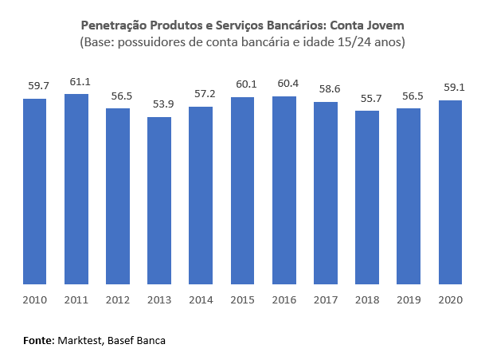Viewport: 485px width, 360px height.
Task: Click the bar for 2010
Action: [35, 191]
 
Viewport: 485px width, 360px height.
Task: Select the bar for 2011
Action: [76, 189]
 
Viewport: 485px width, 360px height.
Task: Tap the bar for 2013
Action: [159, 200]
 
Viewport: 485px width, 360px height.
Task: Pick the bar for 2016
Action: [284, 190]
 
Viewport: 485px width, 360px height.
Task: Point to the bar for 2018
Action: [367, 197]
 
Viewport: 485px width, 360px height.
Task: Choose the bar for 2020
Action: [450, 192]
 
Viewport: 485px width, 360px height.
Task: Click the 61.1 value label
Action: [76, 82]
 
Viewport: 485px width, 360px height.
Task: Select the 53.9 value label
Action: [159, 104]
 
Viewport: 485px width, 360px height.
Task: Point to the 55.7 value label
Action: [367, 99]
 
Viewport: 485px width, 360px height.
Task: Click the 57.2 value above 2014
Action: [201, 94]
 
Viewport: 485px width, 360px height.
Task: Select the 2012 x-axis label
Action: [118, 300]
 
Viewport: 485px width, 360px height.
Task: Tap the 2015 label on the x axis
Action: [242, 300]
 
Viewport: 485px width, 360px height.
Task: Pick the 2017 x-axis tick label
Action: [326, 300]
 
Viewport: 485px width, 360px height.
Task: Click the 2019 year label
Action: [409, 300]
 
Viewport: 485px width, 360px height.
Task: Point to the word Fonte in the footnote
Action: [37, 340]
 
